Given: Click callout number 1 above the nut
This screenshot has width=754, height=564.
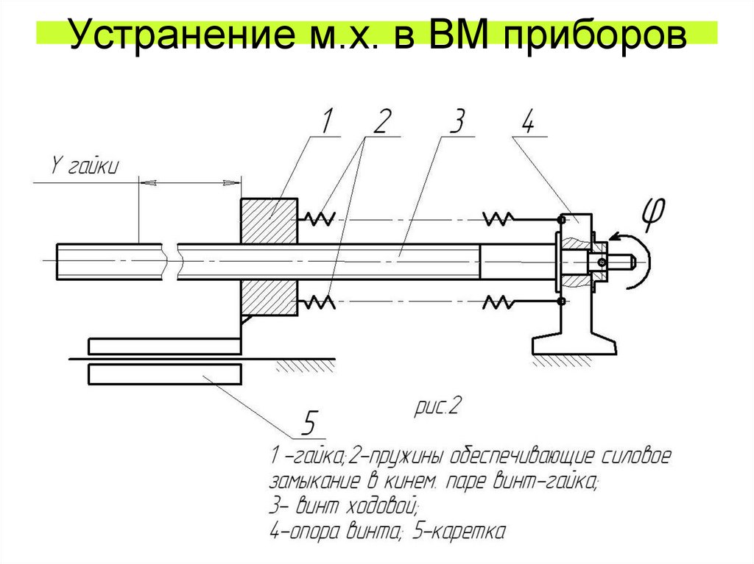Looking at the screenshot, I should coord(326,121).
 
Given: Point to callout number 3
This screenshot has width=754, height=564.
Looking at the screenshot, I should coord(456,121).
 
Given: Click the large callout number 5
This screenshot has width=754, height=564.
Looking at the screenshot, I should coord(310,424).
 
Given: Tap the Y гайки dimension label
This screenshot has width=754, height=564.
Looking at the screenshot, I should coord(82,167).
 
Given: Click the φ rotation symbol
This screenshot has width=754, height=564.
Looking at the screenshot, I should coord(652,213).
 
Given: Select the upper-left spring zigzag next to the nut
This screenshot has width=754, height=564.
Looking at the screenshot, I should coord(318,217).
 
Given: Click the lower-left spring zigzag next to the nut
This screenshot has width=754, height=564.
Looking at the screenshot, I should coord(318,301).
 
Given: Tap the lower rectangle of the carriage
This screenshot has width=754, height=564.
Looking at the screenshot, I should coord(163,374).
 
